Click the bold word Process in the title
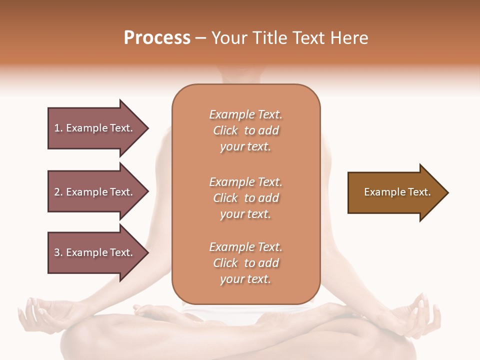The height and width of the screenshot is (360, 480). click(x=157, y=38)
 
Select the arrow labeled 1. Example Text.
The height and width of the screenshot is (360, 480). click(x=95, y=128)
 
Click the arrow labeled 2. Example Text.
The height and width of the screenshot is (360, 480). click(x=95, y=192)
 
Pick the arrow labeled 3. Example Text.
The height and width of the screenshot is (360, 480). click(x=95, y=252)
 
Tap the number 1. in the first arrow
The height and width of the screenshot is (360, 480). click(x=58, y=128)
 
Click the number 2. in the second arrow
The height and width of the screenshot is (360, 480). click(x=58, y=192)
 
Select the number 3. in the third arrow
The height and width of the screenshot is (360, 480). click(x=58, y=252)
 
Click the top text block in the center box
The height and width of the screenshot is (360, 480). click(x=245, y=130)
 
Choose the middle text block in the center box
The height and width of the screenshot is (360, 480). click(x=245, y=198)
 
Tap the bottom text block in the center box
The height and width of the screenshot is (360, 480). click(x=245, y=263)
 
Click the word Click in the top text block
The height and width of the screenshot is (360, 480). click(x=225, y=130)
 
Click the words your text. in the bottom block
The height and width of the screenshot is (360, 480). click(x=245, y=279)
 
